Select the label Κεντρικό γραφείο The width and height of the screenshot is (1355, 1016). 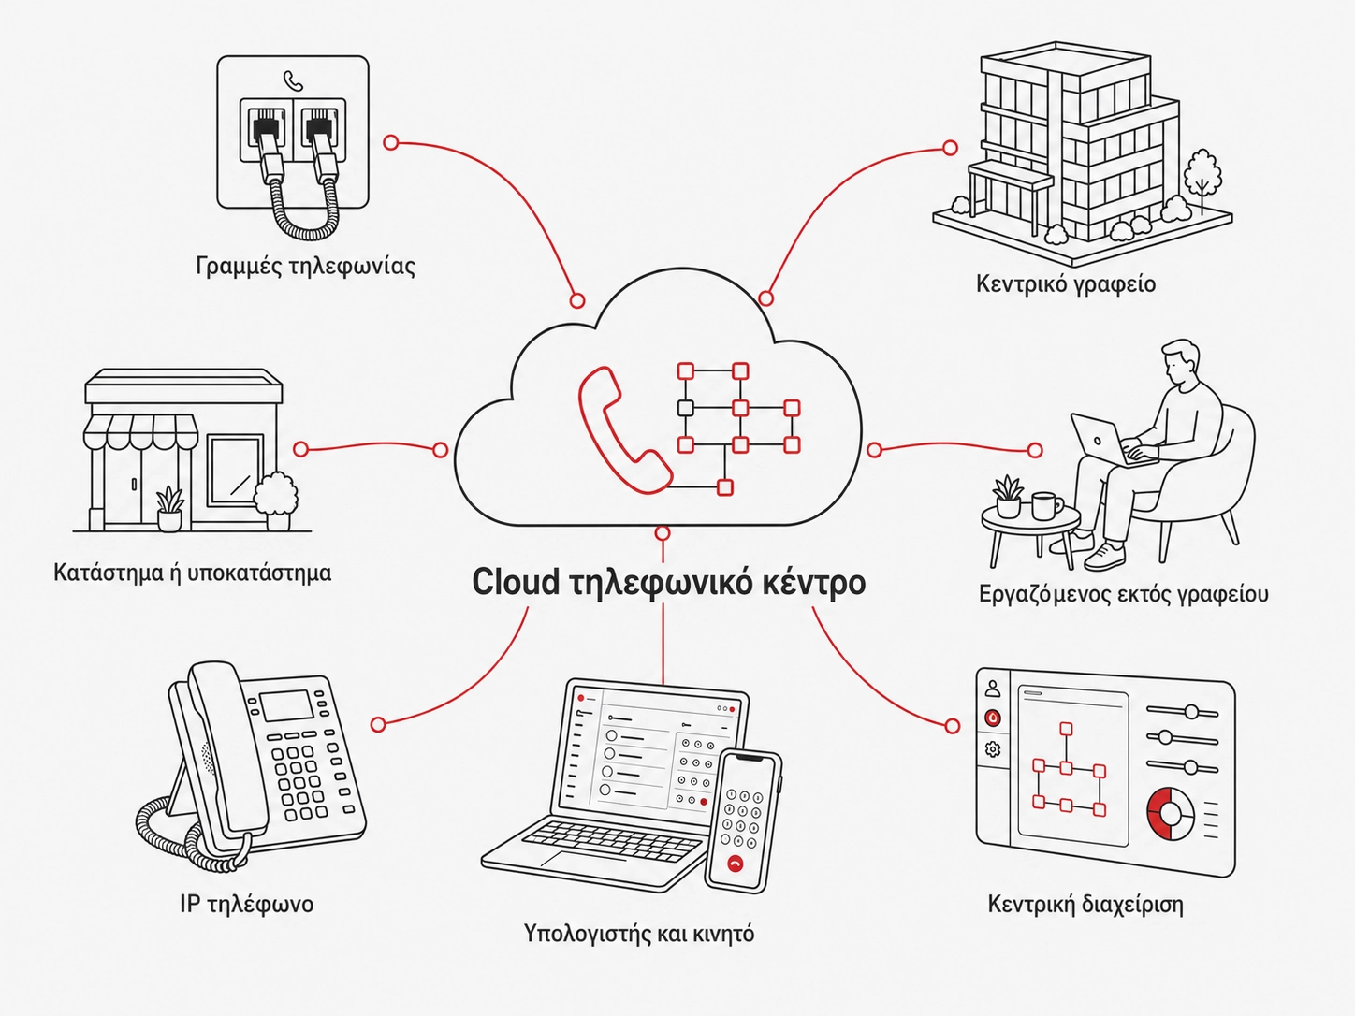[x=1066, y=284]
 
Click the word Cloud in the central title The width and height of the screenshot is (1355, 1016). [x=516, y=582]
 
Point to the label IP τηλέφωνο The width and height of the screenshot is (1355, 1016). [x=247, y=905]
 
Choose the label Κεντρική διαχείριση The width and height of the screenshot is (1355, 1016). [x=1085, y=905]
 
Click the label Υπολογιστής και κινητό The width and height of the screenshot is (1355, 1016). [x=639, y=934]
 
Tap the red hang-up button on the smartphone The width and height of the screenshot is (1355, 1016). [x=736, y=864]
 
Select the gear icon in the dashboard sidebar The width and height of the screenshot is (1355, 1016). [x=993, y=749]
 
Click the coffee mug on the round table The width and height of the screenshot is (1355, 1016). [x=1045, y=505]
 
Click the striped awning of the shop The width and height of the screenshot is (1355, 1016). [x=140, y=431]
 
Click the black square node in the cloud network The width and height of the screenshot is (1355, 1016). [x=685, y=408]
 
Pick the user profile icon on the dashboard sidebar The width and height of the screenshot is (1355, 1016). [x=993, y=688]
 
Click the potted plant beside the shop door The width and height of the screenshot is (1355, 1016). [x=169, y=508]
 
